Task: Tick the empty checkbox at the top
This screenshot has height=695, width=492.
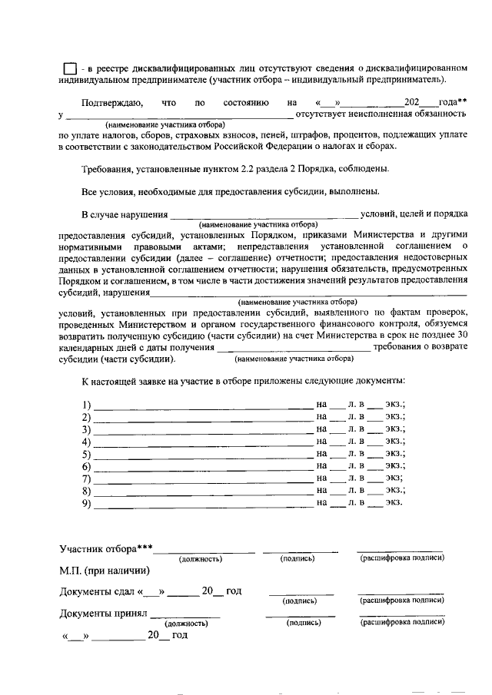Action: (x=69, y=68)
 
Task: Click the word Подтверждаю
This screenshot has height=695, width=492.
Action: (x=110, y=102)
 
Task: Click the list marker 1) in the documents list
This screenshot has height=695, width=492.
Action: (x=86, y=405)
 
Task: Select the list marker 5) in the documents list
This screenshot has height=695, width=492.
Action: (x=86, y=454)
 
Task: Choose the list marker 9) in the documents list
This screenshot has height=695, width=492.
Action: (x=86, y=503)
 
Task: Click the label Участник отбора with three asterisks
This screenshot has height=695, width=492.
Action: (x=106, y=548)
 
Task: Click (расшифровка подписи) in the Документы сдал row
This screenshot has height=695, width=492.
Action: (x=401, y=601)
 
